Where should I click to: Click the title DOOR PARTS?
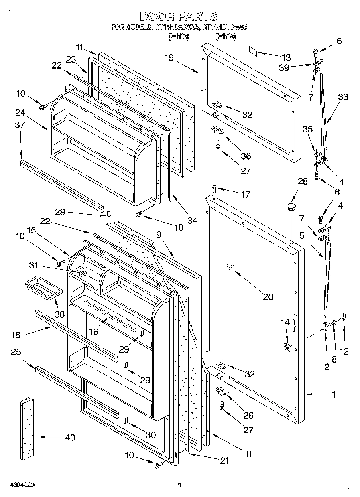179,16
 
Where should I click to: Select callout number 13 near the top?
286,57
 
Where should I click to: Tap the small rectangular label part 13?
253,51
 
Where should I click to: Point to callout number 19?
169,58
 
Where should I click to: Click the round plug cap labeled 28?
290,207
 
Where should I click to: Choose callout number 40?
69,437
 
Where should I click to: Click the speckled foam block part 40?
26,428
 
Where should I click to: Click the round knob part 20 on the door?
230,266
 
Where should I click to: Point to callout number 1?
334,394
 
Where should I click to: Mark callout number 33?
343,97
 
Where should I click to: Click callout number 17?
245,195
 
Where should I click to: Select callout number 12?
344,351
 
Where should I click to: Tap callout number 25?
16,352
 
